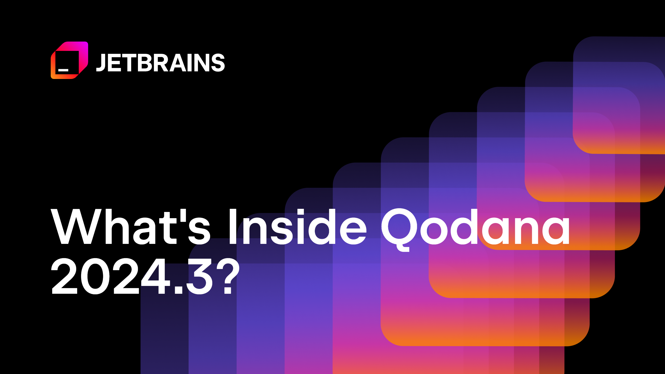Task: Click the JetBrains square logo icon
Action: [69, 60]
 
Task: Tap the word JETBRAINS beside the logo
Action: [160, 63]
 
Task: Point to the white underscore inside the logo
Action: [63, 70]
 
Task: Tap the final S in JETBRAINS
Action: [218, 63]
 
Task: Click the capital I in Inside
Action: [233, 227]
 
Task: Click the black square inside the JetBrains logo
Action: [67, 62]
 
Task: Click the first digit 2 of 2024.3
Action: [64, 276]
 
